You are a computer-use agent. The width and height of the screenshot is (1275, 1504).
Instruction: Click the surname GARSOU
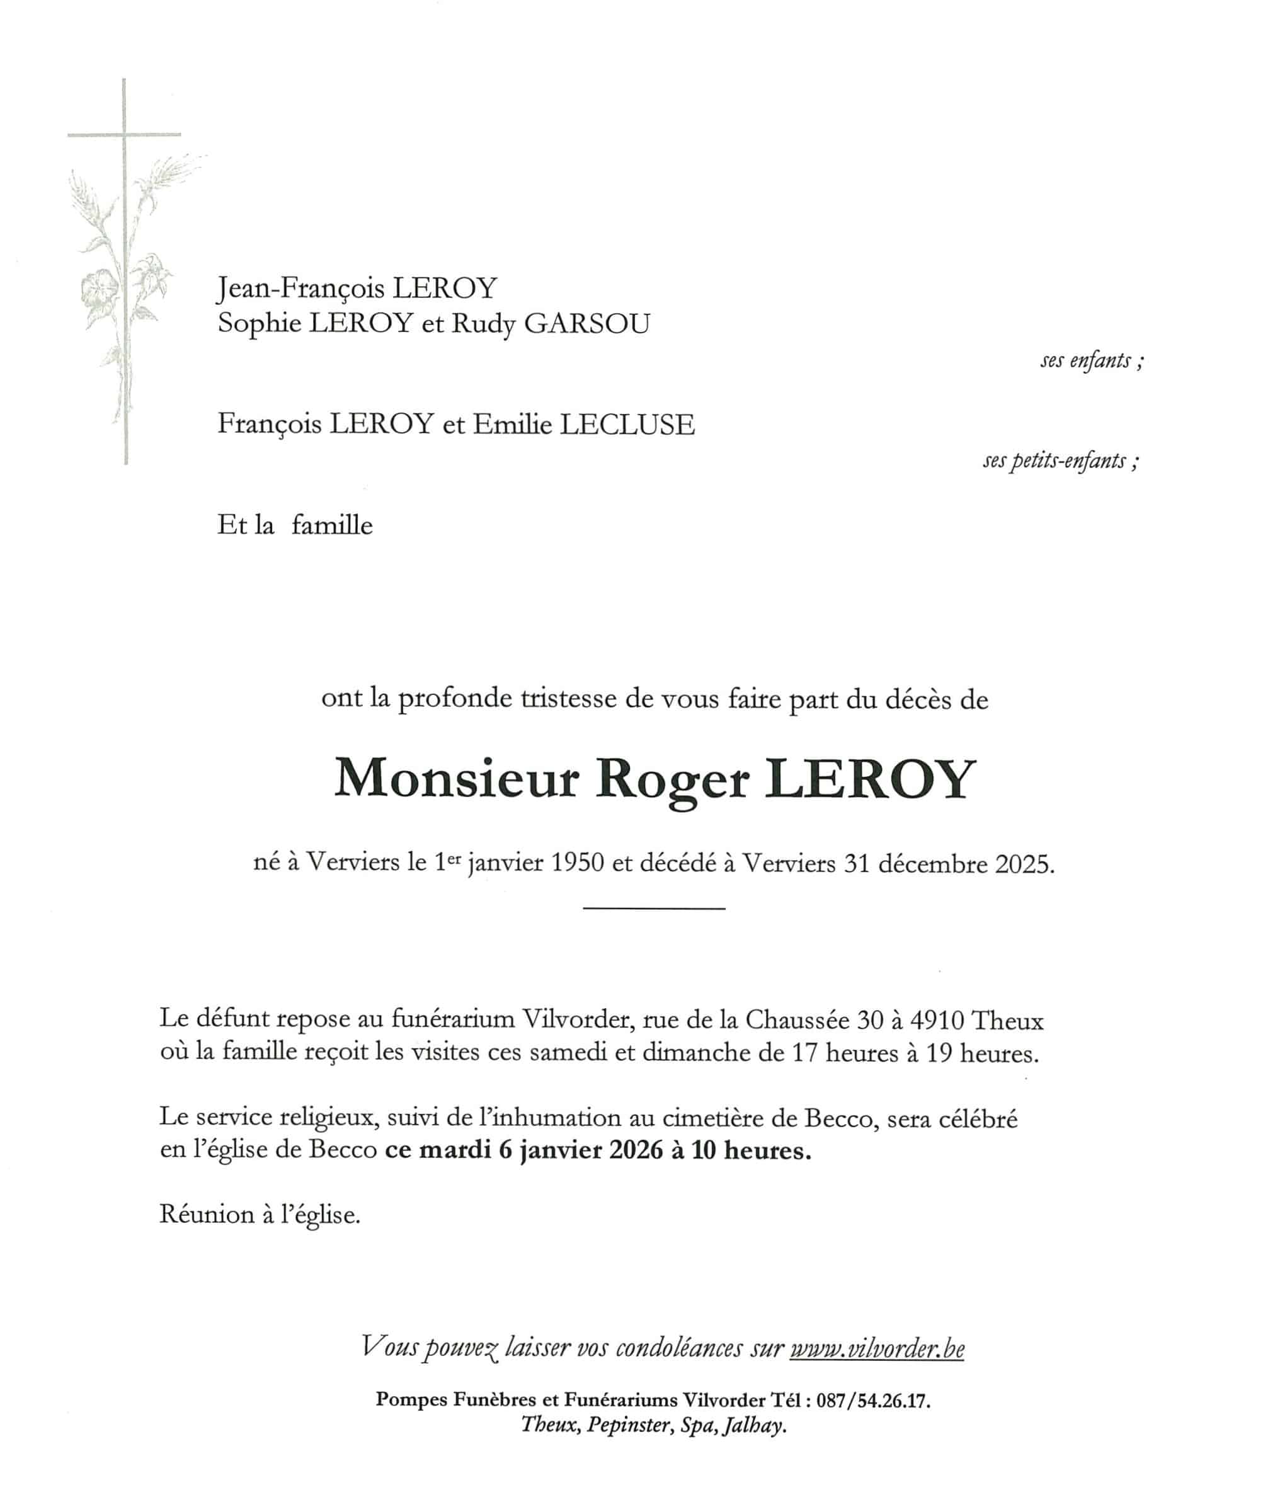coord(586,323)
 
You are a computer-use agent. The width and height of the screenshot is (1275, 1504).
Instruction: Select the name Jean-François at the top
coord(300,289)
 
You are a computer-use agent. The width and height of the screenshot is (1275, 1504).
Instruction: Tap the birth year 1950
coord(577,863)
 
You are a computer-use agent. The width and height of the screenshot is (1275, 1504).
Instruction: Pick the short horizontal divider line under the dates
coord(653,908)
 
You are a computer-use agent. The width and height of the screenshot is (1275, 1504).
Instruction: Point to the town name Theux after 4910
coord(1007,1020)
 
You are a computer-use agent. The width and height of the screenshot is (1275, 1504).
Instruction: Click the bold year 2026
coord(636,1150)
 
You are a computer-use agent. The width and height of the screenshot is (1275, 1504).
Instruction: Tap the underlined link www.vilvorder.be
coord(877,1348)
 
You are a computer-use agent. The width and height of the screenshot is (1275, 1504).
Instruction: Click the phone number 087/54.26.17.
coord(872,1401)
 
